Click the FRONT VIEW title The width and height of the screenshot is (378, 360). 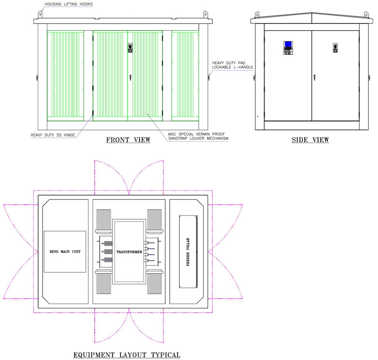point(128,140)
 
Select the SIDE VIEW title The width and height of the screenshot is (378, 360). point(310,140)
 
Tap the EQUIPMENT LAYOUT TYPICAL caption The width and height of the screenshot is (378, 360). point(127,355)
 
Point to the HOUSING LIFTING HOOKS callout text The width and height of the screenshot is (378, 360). point(69,4)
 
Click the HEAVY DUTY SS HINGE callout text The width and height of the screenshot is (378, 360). point(53,135)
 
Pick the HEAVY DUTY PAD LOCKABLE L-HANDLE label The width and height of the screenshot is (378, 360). point(232,65)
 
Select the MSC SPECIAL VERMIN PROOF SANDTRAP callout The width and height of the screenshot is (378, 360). point(198,136)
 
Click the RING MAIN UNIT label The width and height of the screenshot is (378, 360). point(65,251)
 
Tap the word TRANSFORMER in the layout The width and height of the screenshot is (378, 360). point(129,252)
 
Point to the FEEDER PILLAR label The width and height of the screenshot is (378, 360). point(188,252)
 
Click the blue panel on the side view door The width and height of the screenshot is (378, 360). point(288,44)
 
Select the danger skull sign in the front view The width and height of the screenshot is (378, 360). point(130,48)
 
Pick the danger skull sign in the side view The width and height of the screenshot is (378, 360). point(335,48)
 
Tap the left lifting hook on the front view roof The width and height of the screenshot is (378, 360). point(40,15)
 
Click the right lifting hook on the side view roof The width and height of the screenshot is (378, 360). point(366,15)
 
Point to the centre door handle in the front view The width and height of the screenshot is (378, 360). point(130,77)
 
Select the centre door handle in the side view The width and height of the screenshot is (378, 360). point(314,77)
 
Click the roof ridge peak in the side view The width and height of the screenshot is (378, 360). point(312,13)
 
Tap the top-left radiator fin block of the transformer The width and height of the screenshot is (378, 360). point(104,220)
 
